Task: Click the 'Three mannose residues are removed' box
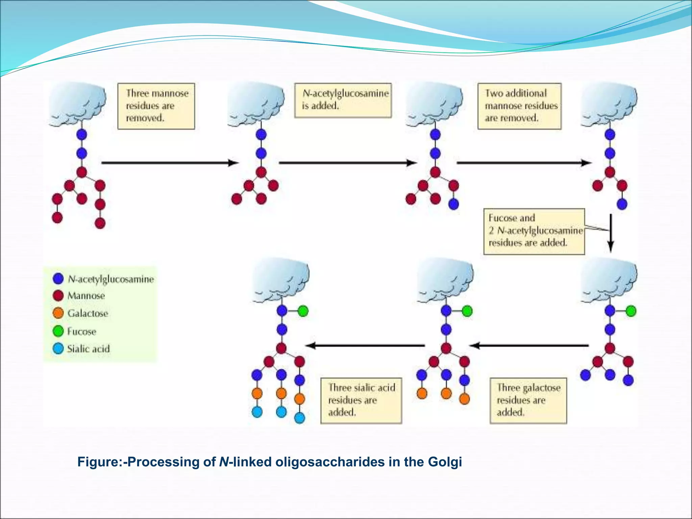pyautogui.click(x=156, y=106)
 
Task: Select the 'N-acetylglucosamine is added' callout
pyautogui.click(x=343, y=100)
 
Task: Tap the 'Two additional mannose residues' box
pyautogui.click(x=519, y=106)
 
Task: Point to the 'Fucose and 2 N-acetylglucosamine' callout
pyautogui.click(x=534, y=231)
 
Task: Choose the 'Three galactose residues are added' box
pyautogui.click(x=528, y=400)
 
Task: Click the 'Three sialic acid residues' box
pyautogui.click(x=361, y=400)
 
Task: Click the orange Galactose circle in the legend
pyautogui.click(x=58, y=313)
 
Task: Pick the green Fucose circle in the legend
pyautogui.click(x=58, y=331)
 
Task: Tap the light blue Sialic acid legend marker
pyautogui.click(x=58, y=348)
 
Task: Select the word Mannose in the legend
pyautogui.click(x=86, y=296)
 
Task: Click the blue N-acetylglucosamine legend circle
pyautogui.click(x=58, y=278)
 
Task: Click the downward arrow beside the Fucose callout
pyautogui.click(x=611, y=233)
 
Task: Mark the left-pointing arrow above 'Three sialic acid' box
pyautogui.click(x=365, y=345)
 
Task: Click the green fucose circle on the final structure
pyautogui.click(x=303, y=311)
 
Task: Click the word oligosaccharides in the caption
pyautogui.click(x=330, y=462)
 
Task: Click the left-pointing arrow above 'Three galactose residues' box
pyautogui.click(x=529, y=345)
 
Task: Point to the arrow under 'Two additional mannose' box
pyautogui.click(x=524, y=163)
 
